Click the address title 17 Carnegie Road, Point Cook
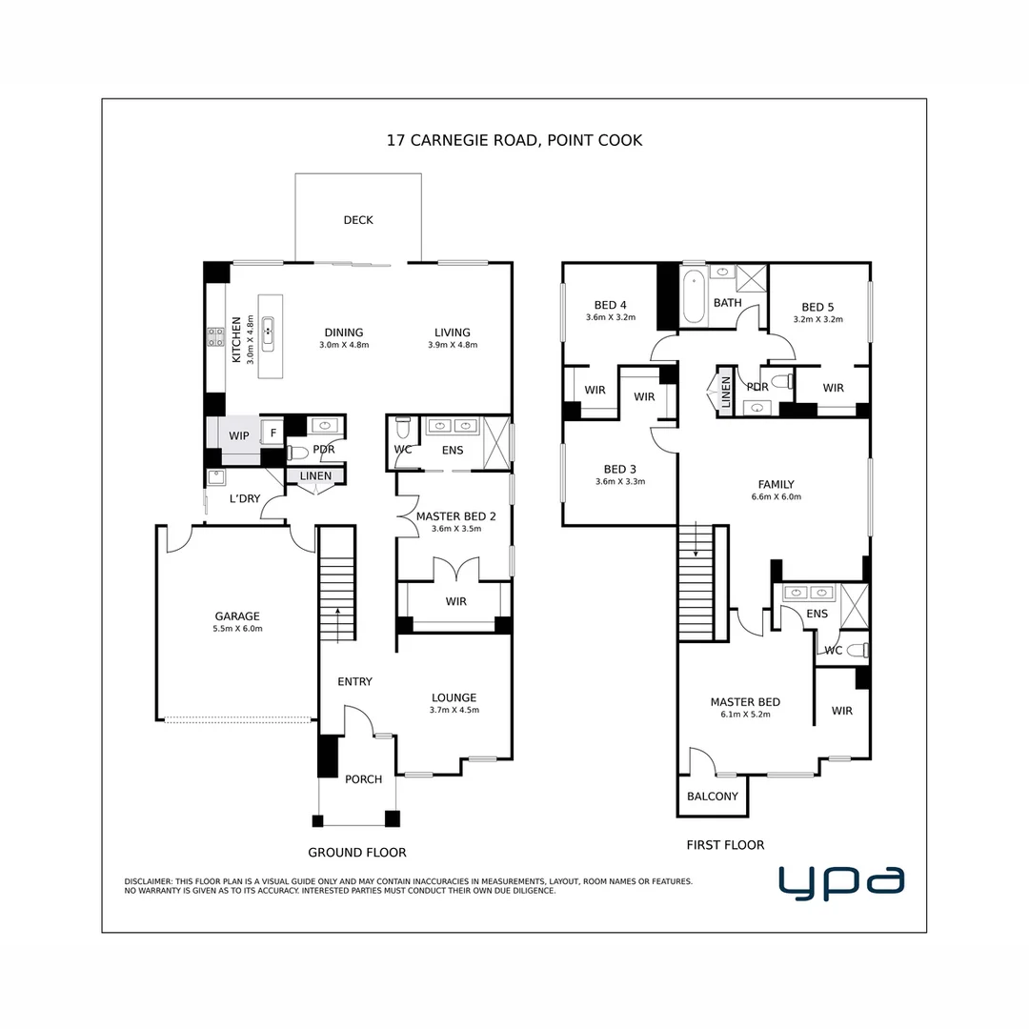pos(514,140)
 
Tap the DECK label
pos(358,220)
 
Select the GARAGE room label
pos(237,616)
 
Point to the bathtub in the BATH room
pos(694,297)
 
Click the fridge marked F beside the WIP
pos(273,433)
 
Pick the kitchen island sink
pos(268,334)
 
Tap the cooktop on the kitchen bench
pos(216,337)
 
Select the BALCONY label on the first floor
pos(713,796)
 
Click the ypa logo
pos(841,882)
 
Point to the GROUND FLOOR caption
pos(357,853)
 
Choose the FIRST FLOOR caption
pos(725,845)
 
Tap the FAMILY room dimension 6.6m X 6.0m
pos(777,496)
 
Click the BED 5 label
pos(817,307)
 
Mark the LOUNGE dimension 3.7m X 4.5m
pos(454,710)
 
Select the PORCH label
pos(364,779)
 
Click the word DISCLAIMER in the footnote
pos(149,882)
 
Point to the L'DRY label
pos(245,498)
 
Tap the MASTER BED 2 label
pos(456,516)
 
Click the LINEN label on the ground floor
pos(315,475)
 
